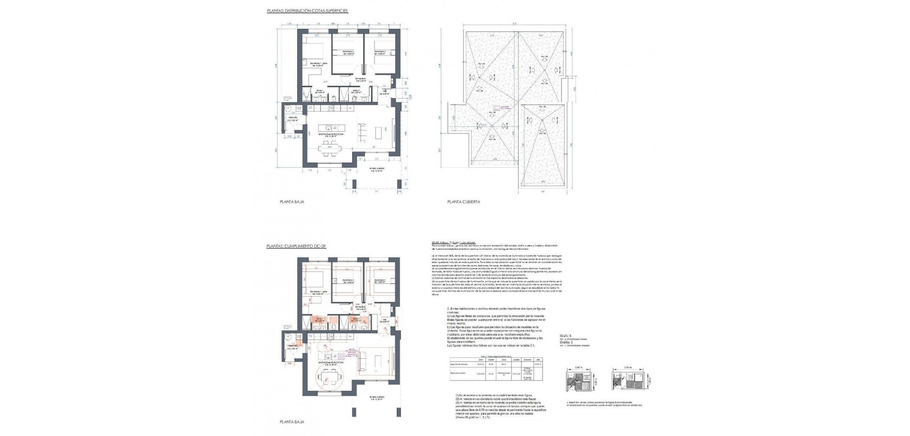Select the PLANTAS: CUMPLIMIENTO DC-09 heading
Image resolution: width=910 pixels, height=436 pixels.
297,246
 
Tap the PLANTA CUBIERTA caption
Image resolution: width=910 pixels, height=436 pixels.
464,201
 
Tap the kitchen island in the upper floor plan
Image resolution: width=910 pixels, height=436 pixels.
331,128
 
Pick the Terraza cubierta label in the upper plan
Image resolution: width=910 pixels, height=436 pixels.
377,170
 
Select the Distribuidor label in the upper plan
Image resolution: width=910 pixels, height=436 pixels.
361,80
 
